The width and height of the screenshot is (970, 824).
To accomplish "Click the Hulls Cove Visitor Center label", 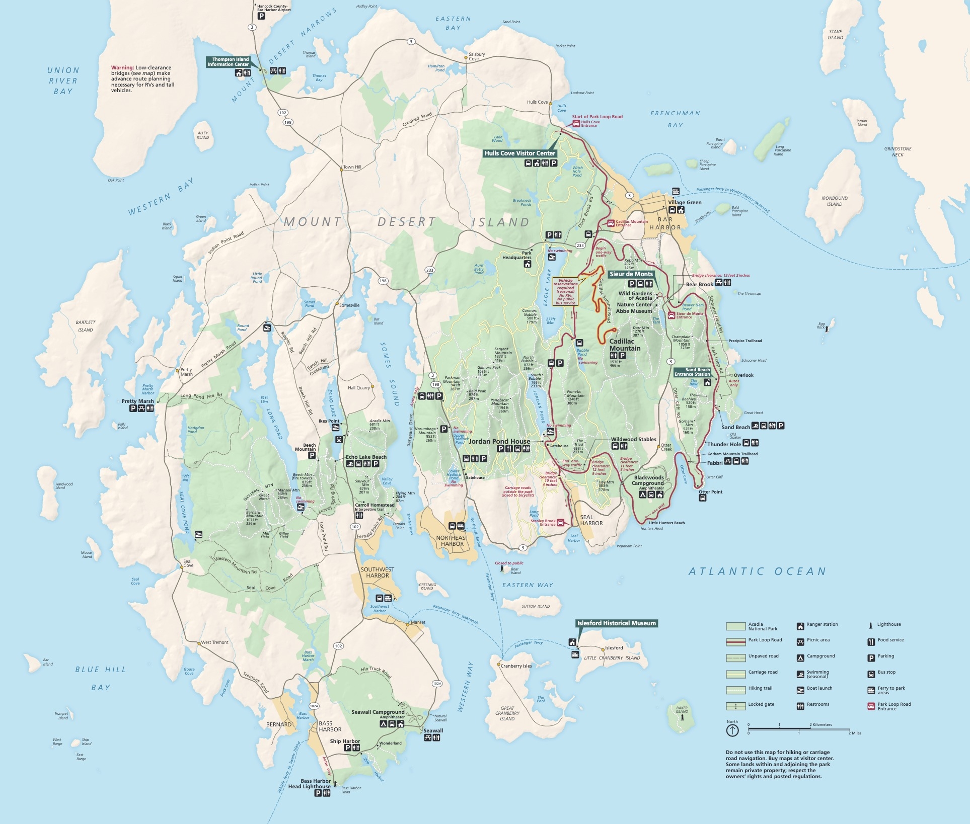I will tap(519, 153).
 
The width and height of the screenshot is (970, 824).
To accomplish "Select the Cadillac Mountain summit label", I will tap(625, 345).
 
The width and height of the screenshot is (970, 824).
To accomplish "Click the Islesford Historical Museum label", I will tap(616, 623).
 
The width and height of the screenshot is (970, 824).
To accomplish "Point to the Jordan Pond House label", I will tap(499, 441).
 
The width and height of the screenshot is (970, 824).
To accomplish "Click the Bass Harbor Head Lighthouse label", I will tap(309, 784).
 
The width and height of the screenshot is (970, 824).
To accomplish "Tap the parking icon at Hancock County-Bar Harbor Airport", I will tap(261, 16).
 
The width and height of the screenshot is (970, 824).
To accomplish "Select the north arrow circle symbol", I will tap(732, 730).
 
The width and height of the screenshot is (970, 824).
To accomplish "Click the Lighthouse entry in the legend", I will tap(889, 624).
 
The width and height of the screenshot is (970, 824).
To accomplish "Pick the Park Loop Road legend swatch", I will tap(735, 641).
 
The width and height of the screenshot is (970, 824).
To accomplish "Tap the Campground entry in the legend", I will tap(820, 656).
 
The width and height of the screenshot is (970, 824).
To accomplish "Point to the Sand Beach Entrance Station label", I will tap(692, 372).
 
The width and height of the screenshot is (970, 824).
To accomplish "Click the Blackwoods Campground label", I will tap(649, 480).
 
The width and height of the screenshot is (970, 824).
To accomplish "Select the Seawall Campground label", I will tap(378, 712).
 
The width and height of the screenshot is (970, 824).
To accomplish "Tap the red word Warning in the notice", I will tap(122, 67).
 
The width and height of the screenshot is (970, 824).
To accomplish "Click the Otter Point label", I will tap(710, 492).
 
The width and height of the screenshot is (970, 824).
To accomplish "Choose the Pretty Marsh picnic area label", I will tap(137, 401).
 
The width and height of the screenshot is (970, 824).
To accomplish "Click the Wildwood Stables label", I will tap(633, 439).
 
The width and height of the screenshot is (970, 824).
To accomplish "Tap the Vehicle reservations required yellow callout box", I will tap(565, 292).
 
